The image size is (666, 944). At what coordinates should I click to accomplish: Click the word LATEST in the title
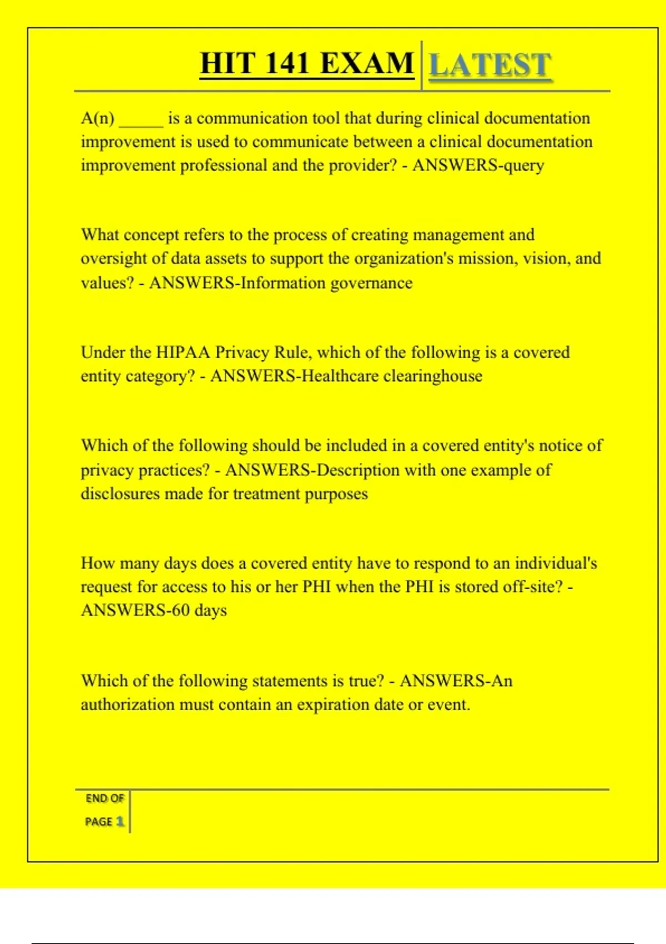(x=490, y=65)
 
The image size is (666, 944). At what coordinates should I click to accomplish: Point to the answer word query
(x=523, y=166)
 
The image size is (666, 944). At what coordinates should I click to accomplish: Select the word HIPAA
(x=183, y=353)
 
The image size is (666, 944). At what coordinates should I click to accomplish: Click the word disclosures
(x=120, y=494)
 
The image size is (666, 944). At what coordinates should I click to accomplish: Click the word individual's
(x=556, y=564)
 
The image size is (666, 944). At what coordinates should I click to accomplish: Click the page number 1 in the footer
(x=120, y=821)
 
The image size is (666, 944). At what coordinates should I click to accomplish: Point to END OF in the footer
(x=104, y=799)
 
